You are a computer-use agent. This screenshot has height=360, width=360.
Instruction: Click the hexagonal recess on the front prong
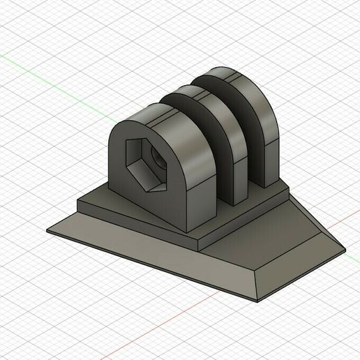(x=143, y=165)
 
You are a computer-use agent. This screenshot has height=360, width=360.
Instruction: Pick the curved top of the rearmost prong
(x=237, y=77)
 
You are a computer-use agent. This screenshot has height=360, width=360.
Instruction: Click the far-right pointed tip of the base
(x=344, y=249)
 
